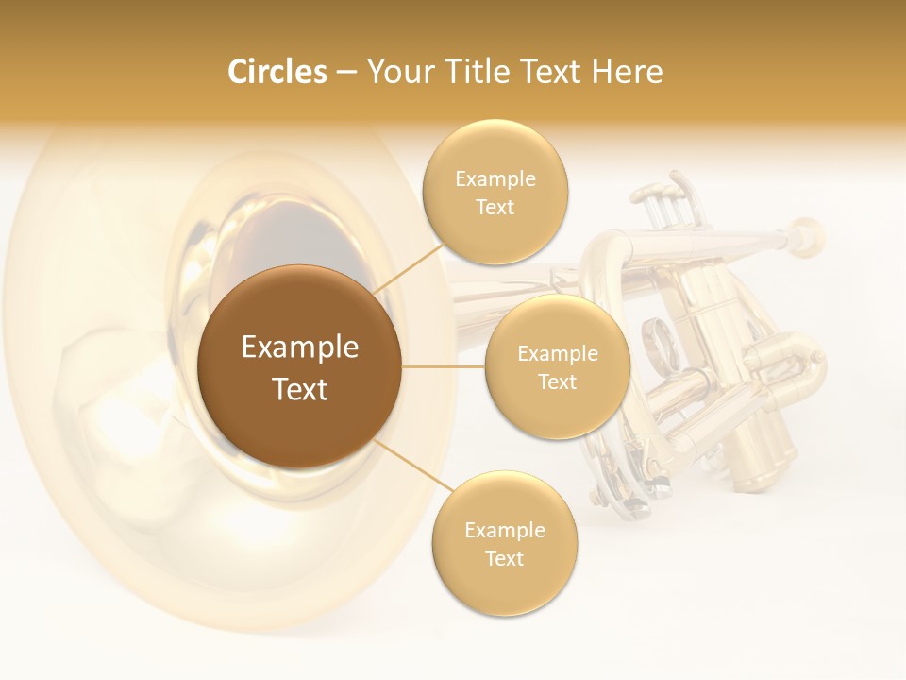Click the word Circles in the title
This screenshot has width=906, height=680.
tap(277, 72)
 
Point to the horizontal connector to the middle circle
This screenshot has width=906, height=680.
tap(444, 366)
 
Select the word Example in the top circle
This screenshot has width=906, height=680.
tap(495, 179)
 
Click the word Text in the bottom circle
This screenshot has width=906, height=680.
tap(505, 558)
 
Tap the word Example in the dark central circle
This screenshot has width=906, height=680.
tap(299, 348)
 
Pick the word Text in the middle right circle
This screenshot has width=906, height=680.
tap(558, 382)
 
